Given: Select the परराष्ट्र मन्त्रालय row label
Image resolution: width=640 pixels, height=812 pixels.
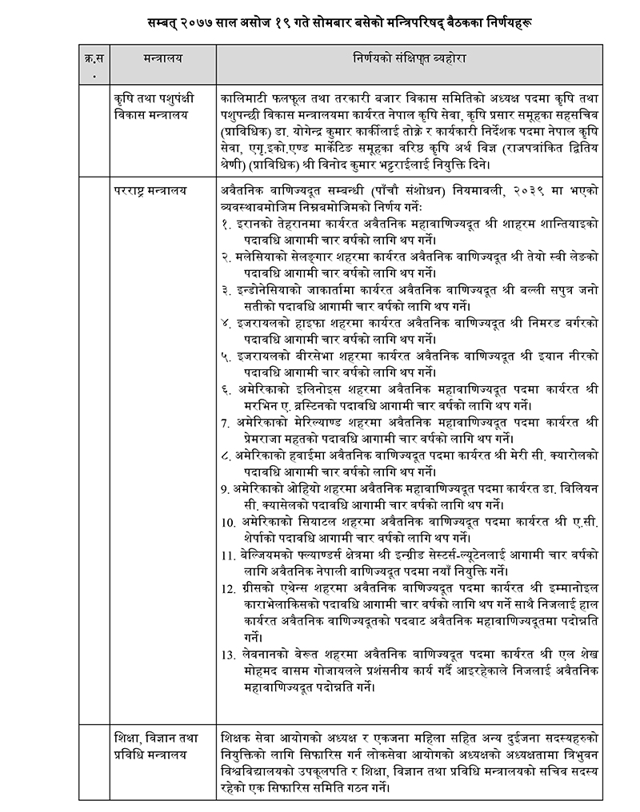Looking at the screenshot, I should (x=150, y=190).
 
